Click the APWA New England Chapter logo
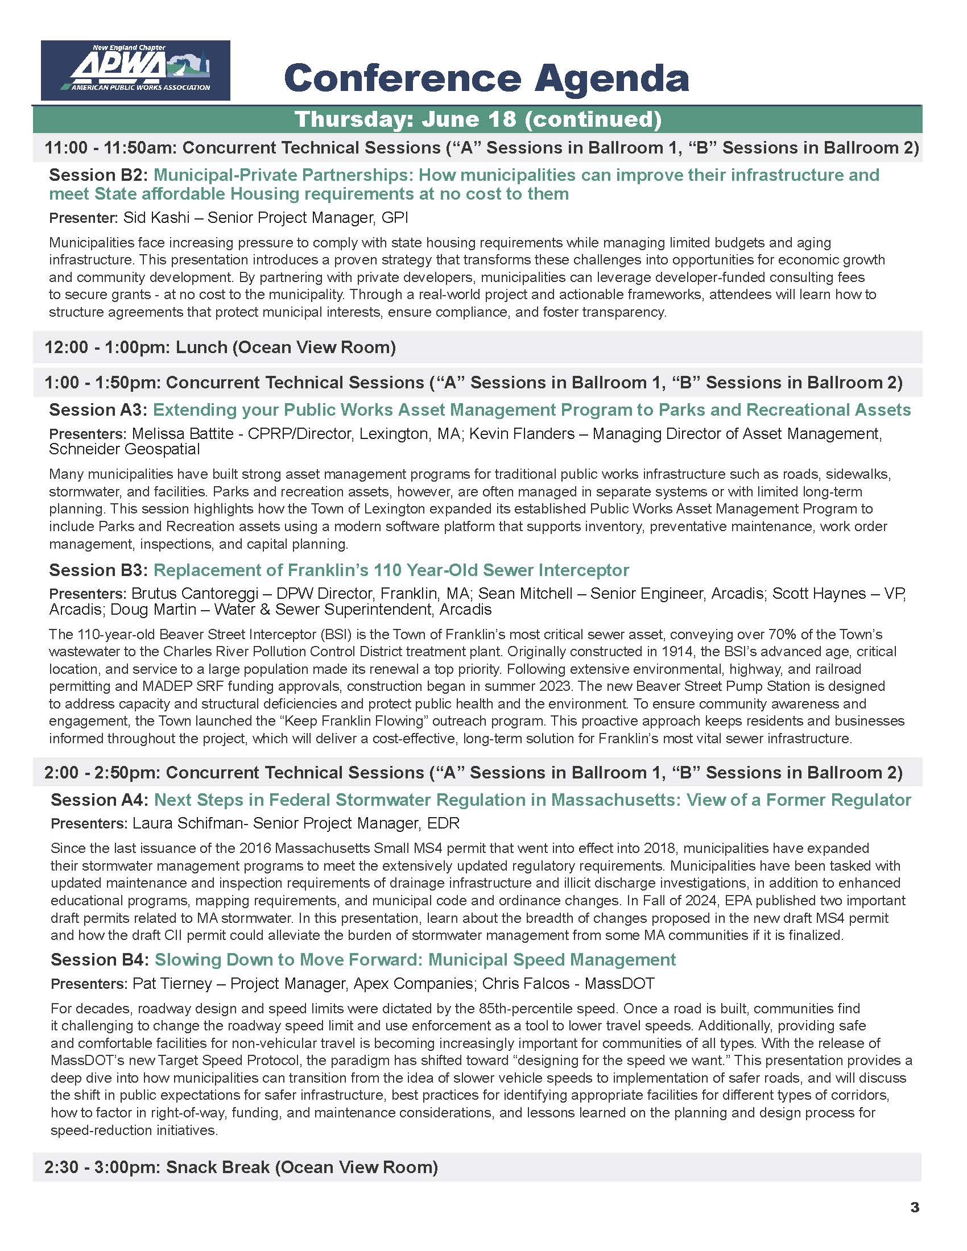(x=136, y=70)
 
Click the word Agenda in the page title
(x=611, y=78)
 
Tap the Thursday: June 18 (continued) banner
(x=477, y=119)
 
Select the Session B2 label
(x=98, y=175)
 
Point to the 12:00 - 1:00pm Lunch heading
(x=221, y=347)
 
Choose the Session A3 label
(x=98, y=409)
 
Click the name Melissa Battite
(x=183, y=434)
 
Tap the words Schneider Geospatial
(x=125, y=449)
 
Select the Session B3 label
(x=98, y=570)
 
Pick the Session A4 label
(x=100, y=800)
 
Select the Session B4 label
(x=100, y=959)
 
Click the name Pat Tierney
(x=172, y=984)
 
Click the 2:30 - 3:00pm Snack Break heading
(x=241, y=1167)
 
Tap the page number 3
(x=914, y=1207)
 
